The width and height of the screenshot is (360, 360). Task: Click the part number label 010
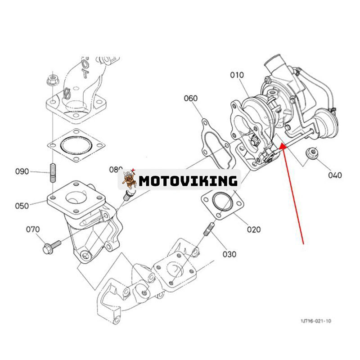point(237,75)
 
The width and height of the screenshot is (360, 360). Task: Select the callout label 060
point(191,98)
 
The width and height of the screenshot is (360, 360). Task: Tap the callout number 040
point(335,175)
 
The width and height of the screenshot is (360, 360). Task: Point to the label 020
point(253,229)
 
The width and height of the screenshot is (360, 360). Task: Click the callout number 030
point(229,254)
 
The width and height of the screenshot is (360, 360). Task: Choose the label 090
point(22,171)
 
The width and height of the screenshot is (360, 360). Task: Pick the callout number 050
point(22,206)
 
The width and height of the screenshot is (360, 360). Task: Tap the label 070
point(32,229)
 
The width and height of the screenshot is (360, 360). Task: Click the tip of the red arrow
point(280,145)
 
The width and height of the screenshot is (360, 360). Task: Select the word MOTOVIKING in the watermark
point(188,181)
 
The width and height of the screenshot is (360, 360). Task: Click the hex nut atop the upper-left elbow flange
point(50,81)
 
